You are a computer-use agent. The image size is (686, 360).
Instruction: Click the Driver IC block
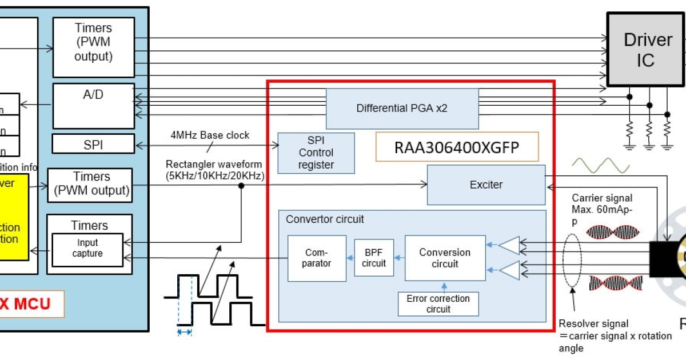(x=645, y=50)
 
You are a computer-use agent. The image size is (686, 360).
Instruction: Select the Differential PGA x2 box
(x=402, y=108)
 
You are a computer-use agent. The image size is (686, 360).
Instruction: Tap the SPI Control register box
(x=316, y=153)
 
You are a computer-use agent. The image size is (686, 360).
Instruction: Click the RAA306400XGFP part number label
(x=457, y=147)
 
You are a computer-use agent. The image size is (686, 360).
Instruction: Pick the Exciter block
(x=486, y=185)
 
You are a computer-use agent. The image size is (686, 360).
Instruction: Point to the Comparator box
(x=317, y=258)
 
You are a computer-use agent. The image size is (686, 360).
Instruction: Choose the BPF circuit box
(x=374, y=258)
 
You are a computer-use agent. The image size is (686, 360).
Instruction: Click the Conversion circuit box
(x=445, y=258)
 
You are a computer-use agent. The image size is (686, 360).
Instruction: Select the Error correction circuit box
(x=438, y=303)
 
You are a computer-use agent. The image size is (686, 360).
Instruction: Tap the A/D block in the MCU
(x=94, y=106)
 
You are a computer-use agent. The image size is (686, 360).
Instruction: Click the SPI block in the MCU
(x=94, y=144)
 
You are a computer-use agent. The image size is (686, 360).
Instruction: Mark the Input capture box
(x=87, y=249)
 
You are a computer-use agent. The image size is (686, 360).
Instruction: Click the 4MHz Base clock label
(x=210, y=135)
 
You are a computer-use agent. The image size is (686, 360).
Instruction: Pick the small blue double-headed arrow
(x=184, y=331)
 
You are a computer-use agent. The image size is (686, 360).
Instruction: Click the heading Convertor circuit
(x=325, y=219)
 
